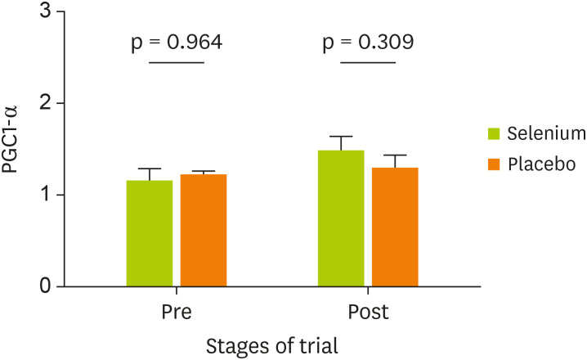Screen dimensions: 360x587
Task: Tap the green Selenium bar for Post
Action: [x=340, y=218]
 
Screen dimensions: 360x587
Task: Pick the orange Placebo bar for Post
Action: [x=394, y=227]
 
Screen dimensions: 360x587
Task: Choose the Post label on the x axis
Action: [x=368, y=313]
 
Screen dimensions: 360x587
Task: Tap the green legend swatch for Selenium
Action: [x=494, y=133]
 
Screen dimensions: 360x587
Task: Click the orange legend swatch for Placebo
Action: [x=494, y=164]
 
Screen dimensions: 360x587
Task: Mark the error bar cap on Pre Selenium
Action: [x=149, y=169]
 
